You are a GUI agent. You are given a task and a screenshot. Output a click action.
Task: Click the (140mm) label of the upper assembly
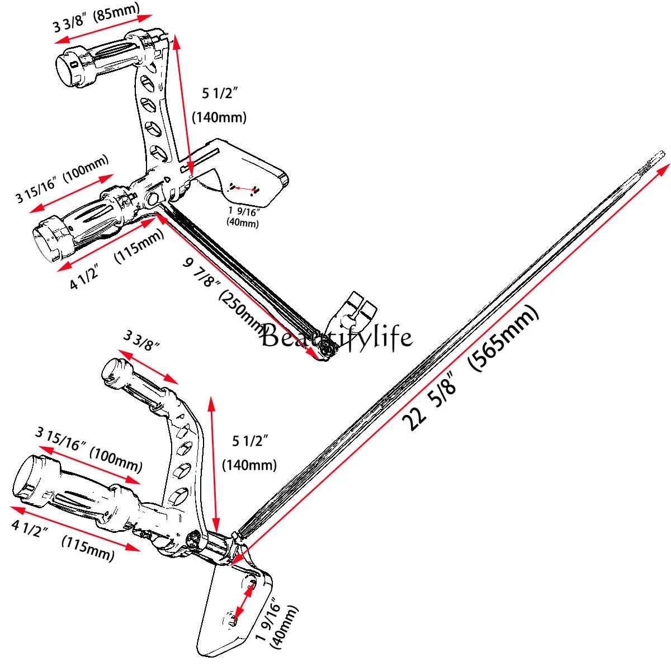click(219, 117)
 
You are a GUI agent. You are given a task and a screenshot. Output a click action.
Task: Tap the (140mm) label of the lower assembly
click(249, 465)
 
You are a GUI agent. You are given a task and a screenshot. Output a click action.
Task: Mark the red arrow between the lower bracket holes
click(242, 602)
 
